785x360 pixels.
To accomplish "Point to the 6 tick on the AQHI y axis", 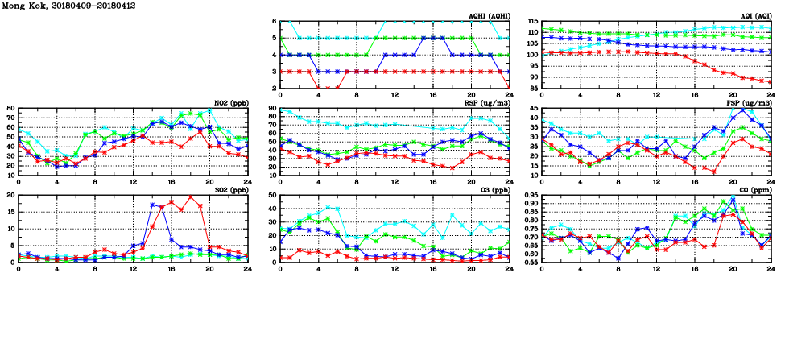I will click(274, 22).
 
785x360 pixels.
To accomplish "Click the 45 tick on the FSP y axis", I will click(534, 118).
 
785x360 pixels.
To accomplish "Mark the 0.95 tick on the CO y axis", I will click(529, 196).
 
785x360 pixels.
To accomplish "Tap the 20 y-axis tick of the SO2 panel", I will click(10, 196).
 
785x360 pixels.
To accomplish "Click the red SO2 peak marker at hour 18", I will click(190, 197).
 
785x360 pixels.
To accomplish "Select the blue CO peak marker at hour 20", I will click(733, 197).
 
